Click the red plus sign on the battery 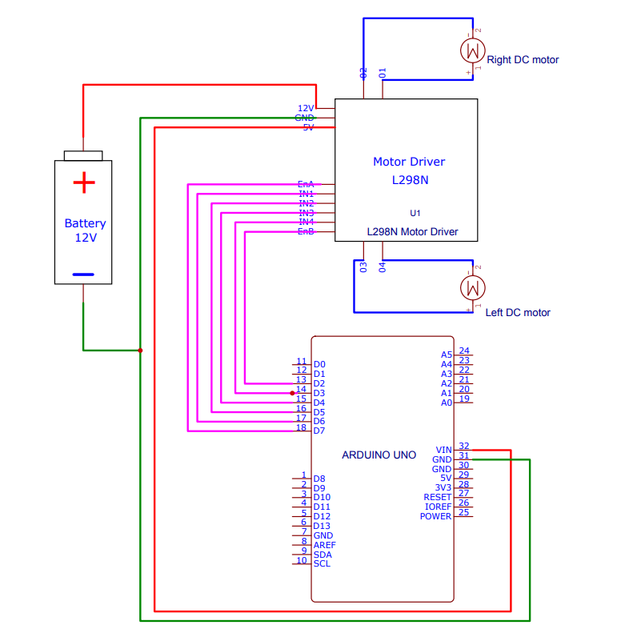point(83,183)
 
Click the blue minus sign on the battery point(83,274)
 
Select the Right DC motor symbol point(473,50)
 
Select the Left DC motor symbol point(473,286)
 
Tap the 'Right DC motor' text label point(523,60)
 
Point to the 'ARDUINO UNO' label point(379,455)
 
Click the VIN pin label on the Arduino point(443,450)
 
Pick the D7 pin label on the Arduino point(319,431)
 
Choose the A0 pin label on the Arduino point(447,403)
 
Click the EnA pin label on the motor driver point(306,184)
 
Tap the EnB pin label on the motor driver point(306,232)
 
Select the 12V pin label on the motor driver point(306,108)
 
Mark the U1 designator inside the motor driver point(415,214)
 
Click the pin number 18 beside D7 point(302,427)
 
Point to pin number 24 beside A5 point(464,351)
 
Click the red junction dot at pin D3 point(292,393)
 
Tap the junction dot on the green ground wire point(140,351)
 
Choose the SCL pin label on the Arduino point(322,564)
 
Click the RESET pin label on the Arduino point(438,497)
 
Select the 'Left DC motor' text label point(518,313)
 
